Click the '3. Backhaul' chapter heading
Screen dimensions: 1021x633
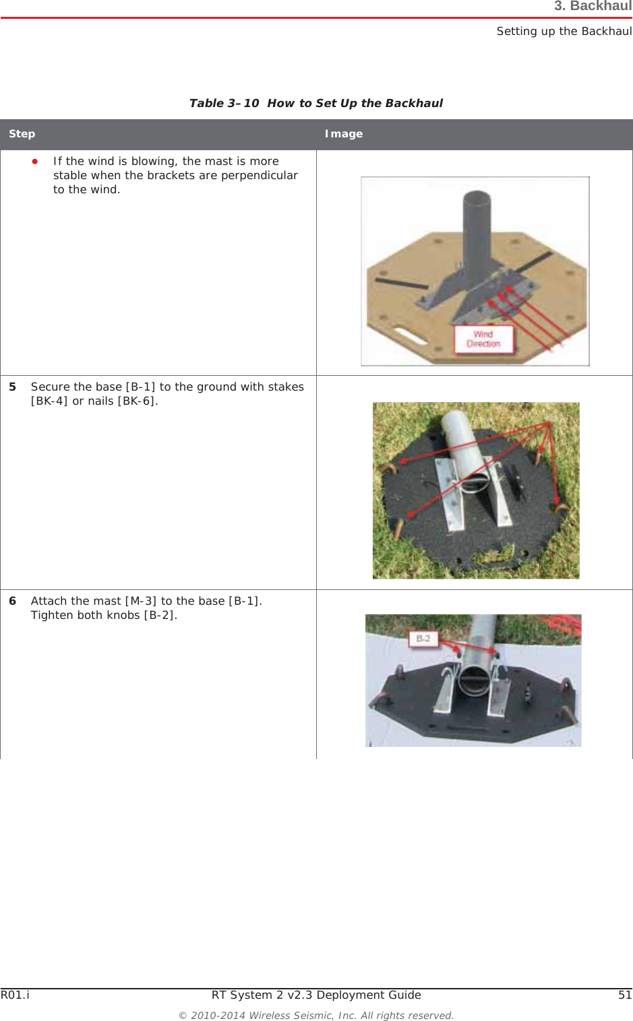[x=593, y=7]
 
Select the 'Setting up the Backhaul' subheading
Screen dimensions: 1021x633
[x=564, y=31]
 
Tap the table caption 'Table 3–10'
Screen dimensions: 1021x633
[x=224, y=103]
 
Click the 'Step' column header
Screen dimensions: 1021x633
[x=22, y=134]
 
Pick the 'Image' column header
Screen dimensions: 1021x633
[x=344, y=134]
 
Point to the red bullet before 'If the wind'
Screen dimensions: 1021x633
[x=35, y=162]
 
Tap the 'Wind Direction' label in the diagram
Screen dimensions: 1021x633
[x=483, y=339]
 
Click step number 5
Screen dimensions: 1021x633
[x=12, y=387]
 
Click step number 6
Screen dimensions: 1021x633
[x=12, y=601]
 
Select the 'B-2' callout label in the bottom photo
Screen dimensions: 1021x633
[x=423, y=638]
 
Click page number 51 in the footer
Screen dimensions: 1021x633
[x=625, y=995]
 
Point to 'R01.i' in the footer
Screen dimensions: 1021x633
[x=15, y=995]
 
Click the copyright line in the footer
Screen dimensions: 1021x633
[x=316, y=1016]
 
